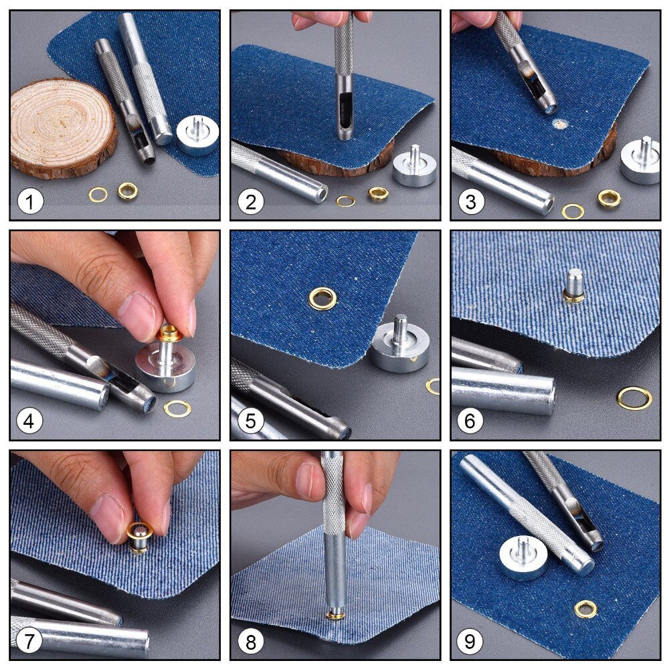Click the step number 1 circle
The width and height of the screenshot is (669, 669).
30,201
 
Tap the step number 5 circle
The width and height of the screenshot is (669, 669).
250,422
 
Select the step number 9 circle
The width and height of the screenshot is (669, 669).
470,642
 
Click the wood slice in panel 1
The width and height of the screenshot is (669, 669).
62,127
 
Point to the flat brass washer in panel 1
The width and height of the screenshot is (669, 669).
98,195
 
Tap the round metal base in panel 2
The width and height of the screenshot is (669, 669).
414,169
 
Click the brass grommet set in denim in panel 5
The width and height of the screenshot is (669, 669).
322,298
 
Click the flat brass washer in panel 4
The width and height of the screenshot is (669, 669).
177,407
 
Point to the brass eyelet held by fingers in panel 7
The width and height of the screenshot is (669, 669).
140,534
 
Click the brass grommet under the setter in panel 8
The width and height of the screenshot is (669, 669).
334,614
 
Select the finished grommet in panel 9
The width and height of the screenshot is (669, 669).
586,609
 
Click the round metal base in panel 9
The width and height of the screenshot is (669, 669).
522,558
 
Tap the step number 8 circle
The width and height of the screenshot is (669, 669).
250,642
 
